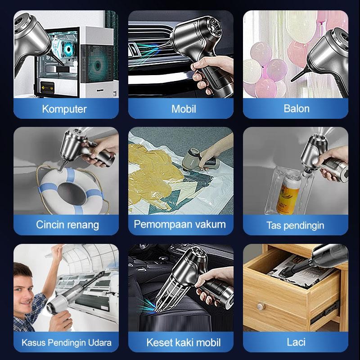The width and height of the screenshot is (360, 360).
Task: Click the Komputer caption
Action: coord(64,109)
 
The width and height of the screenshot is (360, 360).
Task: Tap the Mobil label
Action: coord(180,109)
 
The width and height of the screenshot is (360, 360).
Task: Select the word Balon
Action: coord(296,109)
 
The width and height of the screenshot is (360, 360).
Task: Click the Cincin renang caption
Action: coord(67,225)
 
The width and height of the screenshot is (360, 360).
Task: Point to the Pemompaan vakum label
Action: coord(180,224)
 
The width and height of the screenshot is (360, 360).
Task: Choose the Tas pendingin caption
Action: coord(295,225)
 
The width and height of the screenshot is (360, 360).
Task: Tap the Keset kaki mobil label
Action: coord(184,342)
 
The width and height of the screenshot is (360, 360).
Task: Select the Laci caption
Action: coord(296,342)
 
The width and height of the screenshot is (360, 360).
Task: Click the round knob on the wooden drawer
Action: coord(261,308)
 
